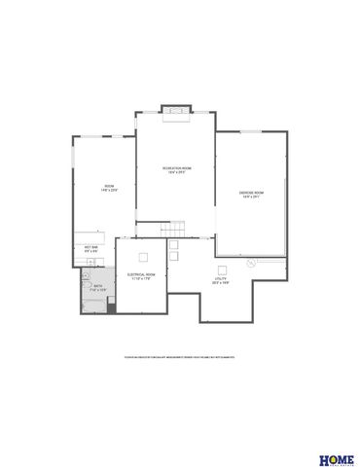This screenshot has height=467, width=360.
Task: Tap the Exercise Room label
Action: [251, 193]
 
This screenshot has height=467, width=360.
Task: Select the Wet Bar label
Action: [90, 247]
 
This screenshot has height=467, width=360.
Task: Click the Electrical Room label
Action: [141, 274]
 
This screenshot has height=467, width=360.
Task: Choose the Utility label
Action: [220, 280]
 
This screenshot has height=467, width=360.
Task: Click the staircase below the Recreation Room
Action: [171, 228]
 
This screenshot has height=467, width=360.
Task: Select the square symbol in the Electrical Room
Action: [143, 256]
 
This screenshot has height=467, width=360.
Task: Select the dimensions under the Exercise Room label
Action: [251, 198]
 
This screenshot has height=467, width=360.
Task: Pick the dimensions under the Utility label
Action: [220, 285]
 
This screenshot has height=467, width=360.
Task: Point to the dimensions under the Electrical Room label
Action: [141, 279]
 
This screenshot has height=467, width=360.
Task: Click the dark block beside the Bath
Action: [110, 308]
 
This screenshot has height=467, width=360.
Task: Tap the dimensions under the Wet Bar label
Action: [90, 252]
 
